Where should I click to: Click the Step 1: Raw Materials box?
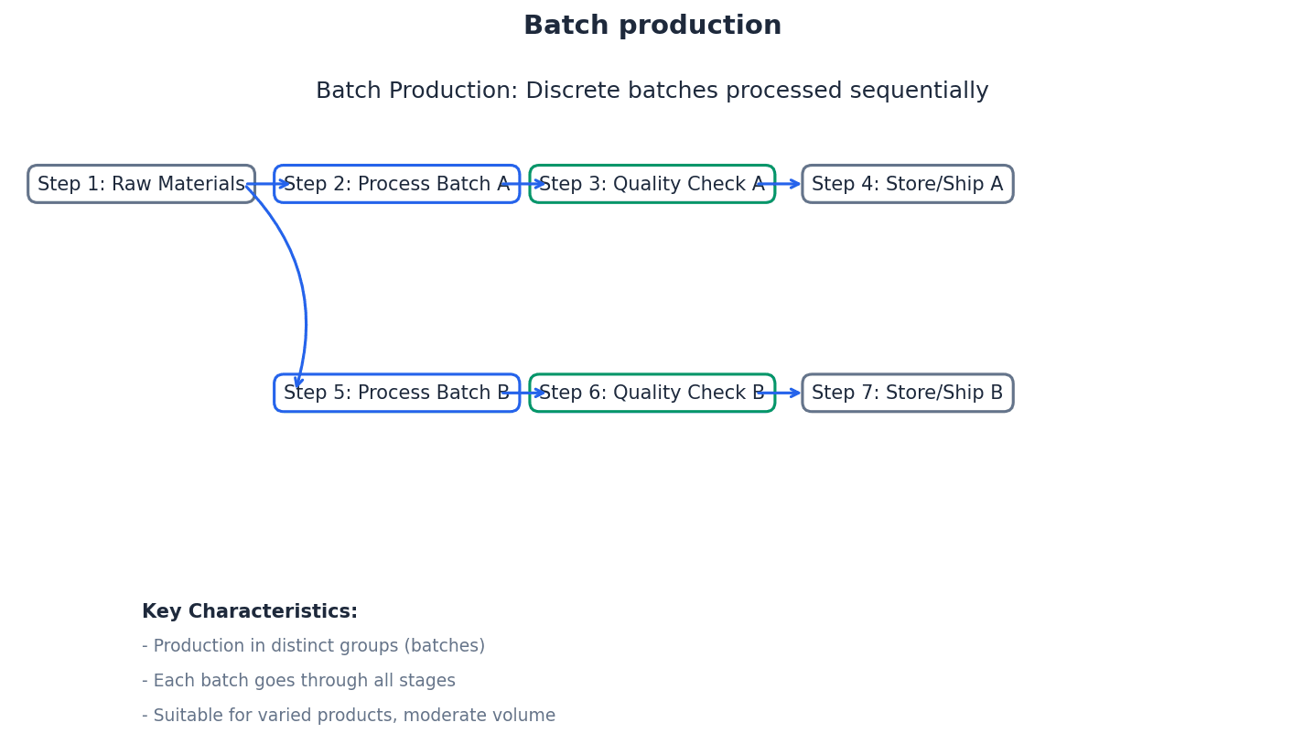[141, 184]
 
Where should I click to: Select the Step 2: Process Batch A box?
[396, 184]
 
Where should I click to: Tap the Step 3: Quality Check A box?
[652, 184]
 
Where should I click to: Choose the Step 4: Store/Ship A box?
[907, 184]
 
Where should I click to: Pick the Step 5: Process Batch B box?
[396, 393]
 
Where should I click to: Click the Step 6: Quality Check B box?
[652, 393]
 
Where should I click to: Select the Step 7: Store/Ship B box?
[907, 393]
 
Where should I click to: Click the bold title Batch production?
[652, 27]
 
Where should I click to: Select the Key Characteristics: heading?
[250, 612]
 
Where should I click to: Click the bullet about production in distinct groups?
[313, 646]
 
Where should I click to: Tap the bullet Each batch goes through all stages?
[298, 681]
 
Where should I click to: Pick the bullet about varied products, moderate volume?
[348, 716]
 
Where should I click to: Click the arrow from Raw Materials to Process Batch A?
[267, 184]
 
